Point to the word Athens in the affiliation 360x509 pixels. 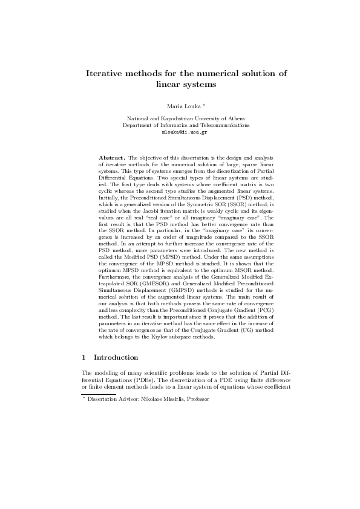(234, 119)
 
